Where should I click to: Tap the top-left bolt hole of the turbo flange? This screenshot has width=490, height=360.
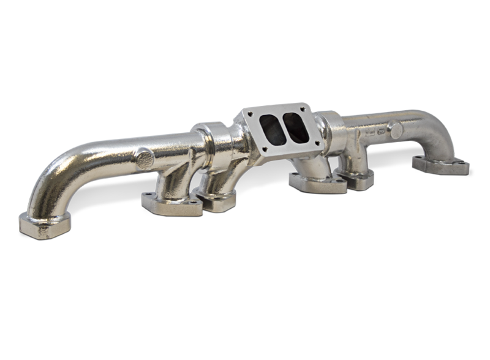(x=250, y=114)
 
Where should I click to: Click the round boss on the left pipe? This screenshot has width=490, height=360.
(x=145, y=159)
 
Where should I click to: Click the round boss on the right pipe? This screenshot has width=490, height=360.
(x=396, y=129)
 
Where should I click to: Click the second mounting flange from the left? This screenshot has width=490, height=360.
(x=172, y=203)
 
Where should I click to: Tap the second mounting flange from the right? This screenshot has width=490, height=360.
(x=355, y=178)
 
